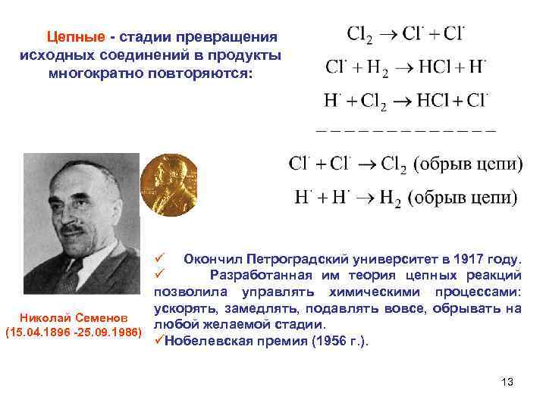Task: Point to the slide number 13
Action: tap(507, 382)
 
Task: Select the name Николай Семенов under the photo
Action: tap(73, 316)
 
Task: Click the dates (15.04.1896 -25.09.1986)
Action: tap(73, 333)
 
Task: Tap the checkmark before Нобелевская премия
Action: tap(158, 341)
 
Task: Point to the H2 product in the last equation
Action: tap(391, 198)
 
